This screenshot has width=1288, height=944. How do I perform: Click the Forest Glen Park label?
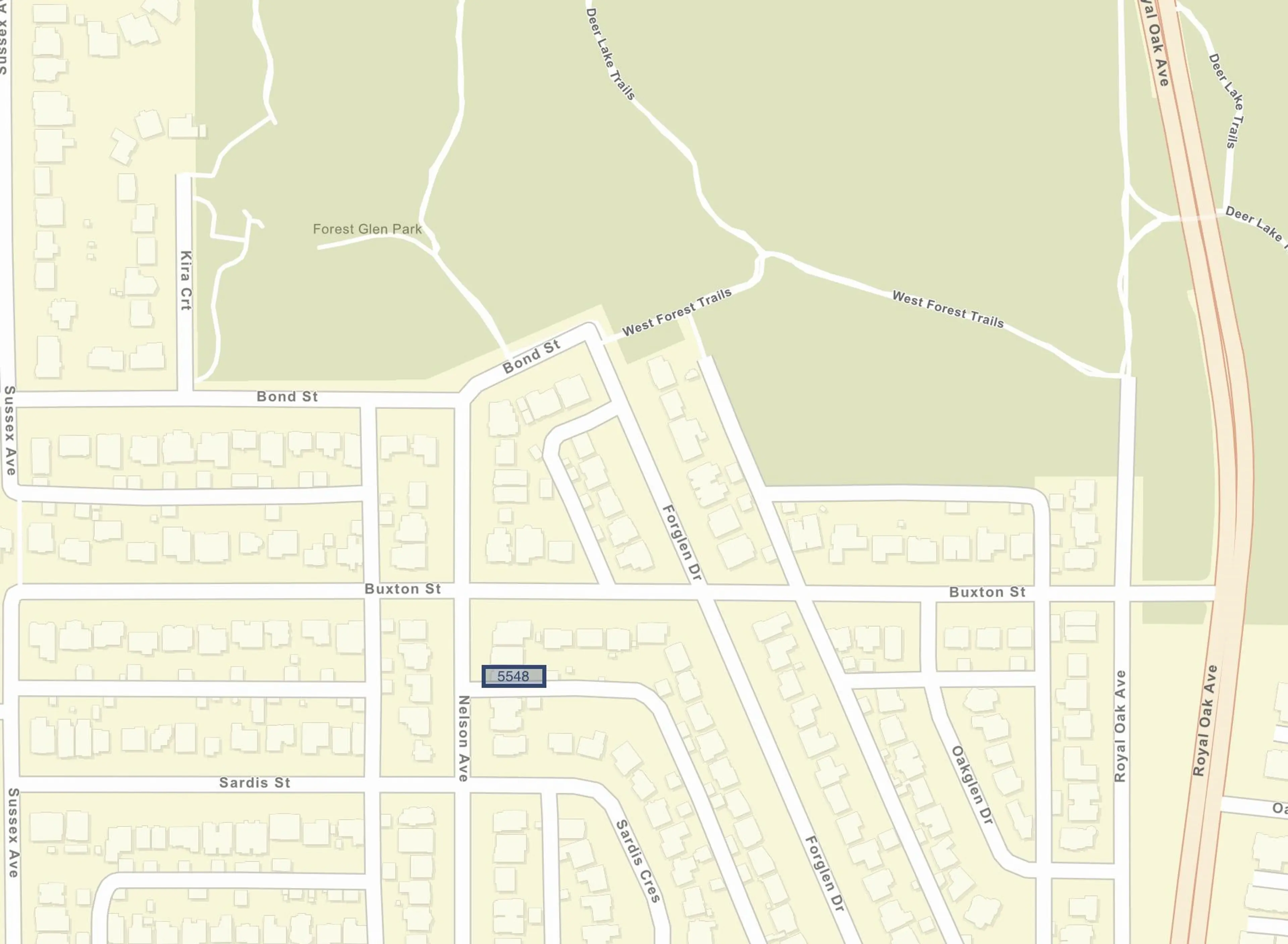click(x=367, y=229)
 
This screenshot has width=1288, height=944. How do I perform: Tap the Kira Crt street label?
click(x=186, y=280)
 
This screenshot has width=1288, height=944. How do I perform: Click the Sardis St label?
click(x=255, y=783)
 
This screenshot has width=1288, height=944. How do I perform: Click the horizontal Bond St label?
click(x=287, y=397)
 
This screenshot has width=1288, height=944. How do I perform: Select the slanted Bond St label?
click(x=531, y=356)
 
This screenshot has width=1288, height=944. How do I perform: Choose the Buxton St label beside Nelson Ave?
click(x=403, y=589)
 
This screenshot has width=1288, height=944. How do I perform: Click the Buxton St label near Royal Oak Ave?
click(x=987, y=592)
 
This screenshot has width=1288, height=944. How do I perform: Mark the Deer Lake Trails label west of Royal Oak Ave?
click(x=610, y=54)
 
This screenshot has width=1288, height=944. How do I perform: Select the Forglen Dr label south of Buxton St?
click(x=824, y=873)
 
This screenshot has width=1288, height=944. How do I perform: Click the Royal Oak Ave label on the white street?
click(x=1120, y=726)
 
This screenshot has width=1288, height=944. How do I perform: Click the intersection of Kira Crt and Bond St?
click(x=184, y=398)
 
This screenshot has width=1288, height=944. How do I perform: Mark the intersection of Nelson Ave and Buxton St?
click(x=462, y=592)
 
